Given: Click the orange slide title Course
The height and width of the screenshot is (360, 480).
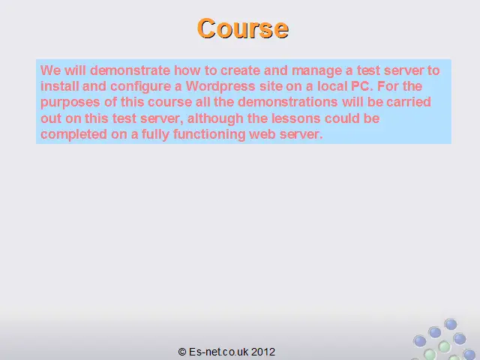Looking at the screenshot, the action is pos(243,28).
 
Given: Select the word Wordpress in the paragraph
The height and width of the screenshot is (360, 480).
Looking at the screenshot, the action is pos(220,86).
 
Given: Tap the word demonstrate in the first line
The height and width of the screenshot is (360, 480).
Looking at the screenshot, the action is pos(130,70).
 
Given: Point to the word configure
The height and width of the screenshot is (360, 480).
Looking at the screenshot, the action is pos(140,87).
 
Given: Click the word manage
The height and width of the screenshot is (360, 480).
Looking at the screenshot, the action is pos(316,71).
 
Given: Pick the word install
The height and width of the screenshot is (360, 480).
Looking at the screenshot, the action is pos(59,86).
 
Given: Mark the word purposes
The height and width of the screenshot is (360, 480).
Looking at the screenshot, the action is pos(70,103).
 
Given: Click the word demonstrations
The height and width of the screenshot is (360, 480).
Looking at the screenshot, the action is pos(288,102).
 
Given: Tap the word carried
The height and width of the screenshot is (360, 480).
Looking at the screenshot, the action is pos(409,102).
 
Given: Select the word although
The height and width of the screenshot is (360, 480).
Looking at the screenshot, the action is pos(215,118).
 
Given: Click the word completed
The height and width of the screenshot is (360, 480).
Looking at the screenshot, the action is pos(73,135).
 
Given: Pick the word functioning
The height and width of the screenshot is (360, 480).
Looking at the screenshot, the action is pos(209,135).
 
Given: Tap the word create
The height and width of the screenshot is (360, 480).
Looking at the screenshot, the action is pos(240,70).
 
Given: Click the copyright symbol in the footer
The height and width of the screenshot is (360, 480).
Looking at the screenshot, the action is pos(182,352).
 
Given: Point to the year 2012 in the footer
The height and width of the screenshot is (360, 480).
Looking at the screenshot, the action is pos(263,352).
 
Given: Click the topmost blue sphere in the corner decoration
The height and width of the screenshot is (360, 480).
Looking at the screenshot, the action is pos(451,325).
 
